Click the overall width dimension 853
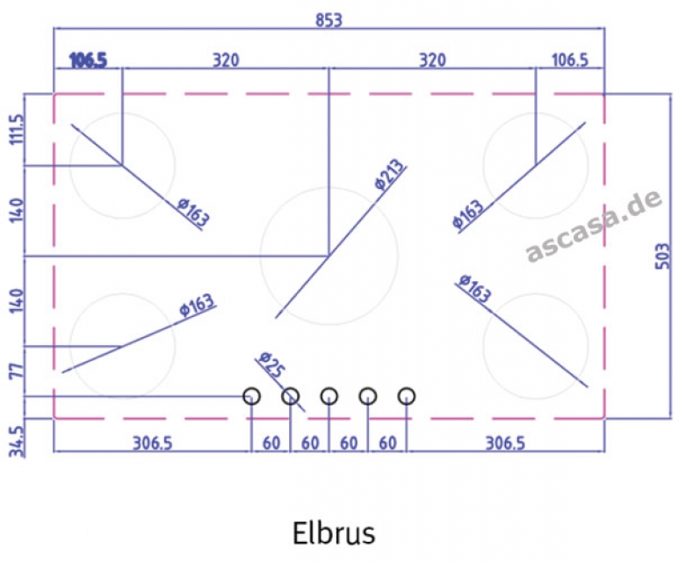click(329, 20)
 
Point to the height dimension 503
click(663, 256)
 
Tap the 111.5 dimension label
click(18, 129)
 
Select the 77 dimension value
click(18, 371)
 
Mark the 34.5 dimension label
click(18, 442)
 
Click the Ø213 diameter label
click(390, 175)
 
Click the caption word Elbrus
click(334, 533)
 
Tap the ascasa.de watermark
click(593, 226)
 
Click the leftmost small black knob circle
click(251, 396)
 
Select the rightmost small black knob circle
click(407, 396)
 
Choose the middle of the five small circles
click(329, 396)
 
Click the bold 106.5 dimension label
click(88, 61)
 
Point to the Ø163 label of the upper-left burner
click(193, 213)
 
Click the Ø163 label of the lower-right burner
click(474, 288)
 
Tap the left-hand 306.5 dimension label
click(153, 443)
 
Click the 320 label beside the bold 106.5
click(226, 60)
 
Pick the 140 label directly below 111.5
click(18, 211)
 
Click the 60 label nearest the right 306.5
click(387, 443)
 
